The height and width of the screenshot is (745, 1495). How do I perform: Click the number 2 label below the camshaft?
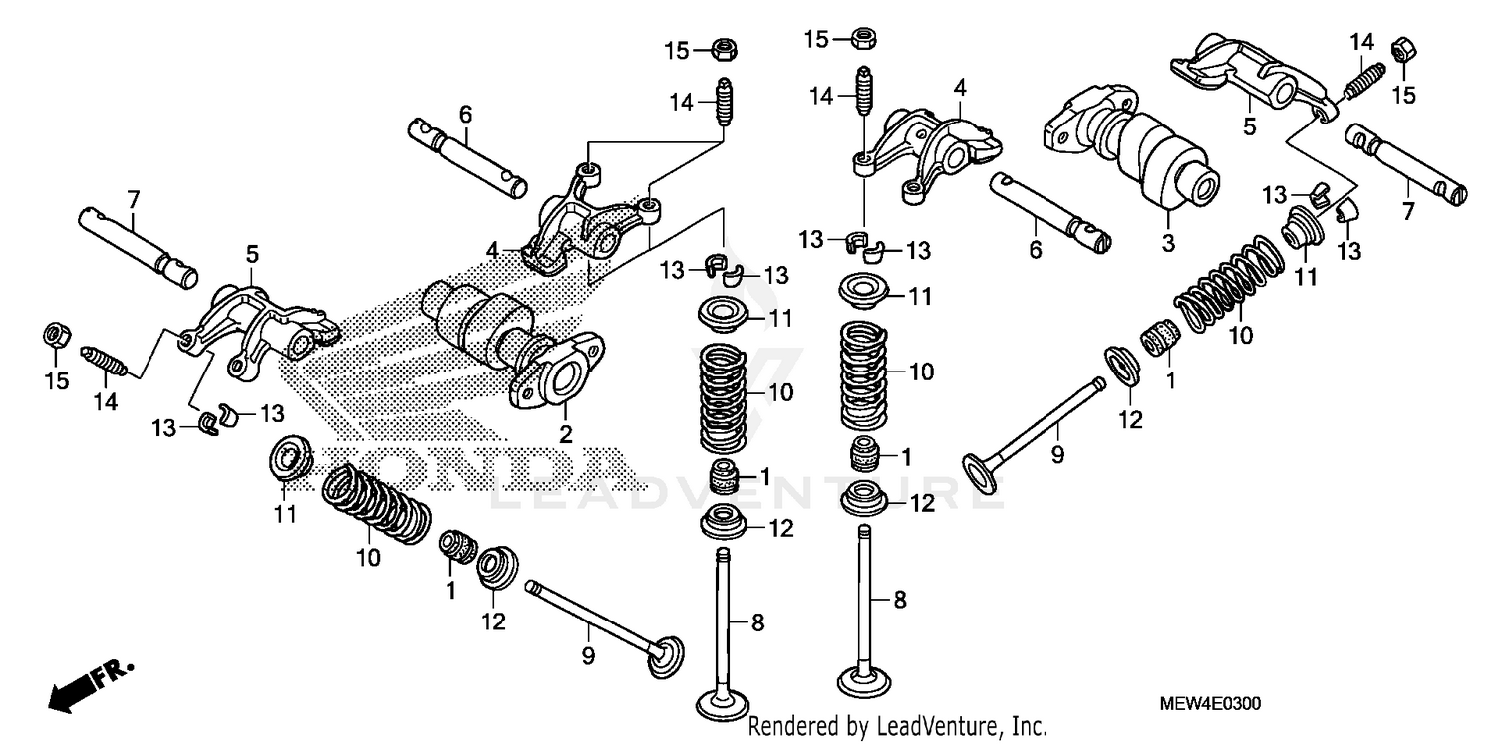(565, 434)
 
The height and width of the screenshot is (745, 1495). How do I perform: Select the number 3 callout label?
(1169, 242)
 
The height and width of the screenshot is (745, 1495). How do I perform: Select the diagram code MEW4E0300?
(1210, 704)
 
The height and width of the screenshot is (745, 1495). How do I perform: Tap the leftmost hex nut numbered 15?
(57, 336)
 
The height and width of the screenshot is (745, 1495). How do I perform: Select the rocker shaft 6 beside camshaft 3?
(1050, 209)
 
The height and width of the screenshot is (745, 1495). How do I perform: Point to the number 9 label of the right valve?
(1057, 455)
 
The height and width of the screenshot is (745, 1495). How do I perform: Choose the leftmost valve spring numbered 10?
(377, 504)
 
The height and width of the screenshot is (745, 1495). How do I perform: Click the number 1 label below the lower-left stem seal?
(450, 591)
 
